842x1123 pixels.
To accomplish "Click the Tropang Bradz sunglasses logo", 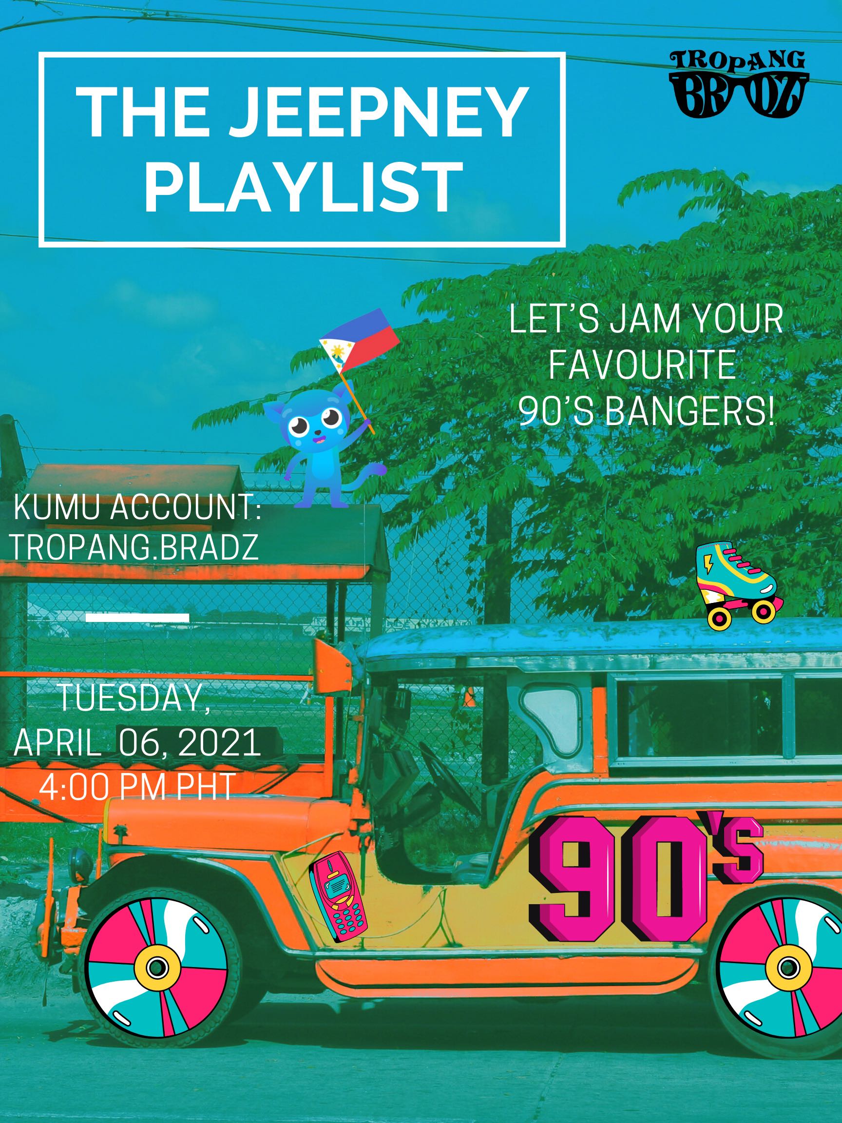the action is click(x=739, y=84).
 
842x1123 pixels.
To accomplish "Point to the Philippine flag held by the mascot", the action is click(x=357, y=338).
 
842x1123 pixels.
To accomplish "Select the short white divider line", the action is click(x=137, y=618).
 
